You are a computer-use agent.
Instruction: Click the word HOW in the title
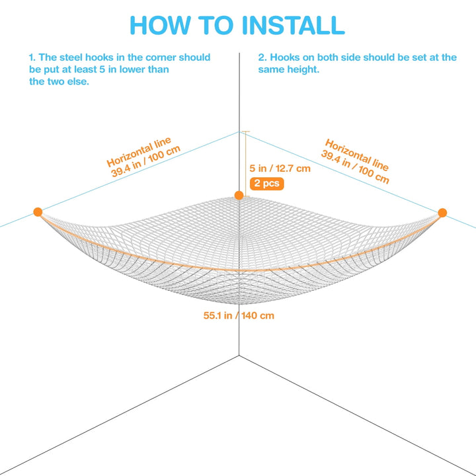160,25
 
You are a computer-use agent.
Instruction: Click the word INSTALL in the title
294,25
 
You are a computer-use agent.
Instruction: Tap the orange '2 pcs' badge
267,183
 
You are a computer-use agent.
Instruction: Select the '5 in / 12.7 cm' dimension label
280,169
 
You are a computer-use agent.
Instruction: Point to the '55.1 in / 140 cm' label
239,315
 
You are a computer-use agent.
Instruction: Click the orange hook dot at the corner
239,195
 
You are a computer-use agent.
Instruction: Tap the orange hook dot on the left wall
38,212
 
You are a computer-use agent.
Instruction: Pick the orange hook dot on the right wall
442,212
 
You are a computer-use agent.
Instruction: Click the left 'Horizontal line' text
139,152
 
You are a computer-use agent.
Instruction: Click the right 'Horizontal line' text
357,155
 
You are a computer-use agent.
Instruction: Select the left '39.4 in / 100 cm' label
145,161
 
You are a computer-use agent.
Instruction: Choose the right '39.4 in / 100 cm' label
355,167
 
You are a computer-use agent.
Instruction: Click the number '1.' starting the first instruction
32,58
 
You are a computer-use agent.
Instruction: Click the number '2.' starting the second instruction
262,58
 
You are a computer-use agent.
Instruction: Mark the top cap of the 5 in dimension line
245,132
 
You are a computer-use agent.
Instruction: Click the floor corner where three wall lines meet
239,355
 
